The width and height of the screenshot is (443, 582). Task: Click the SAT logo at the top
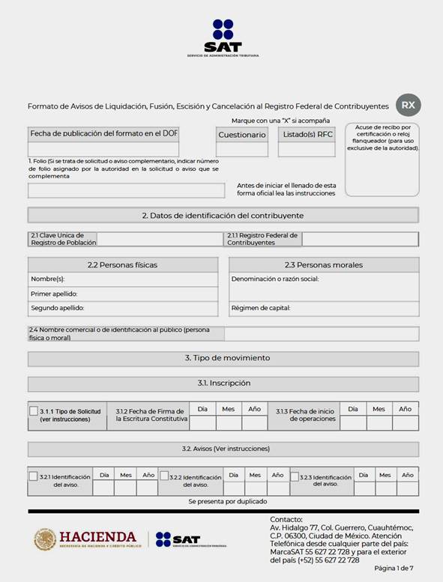(223, 37)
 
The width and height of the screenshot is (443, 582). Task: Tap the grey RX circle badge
(408, 106)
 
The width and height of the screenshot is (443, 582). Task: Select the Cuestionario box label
(241, 135)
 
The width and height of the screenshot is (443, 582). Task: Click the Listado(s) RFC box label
(306, 135)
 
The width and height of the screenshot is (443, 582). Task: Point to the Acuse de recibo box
(382, 159)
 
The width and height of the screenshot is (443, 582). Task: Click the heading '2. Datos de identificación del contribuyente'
(223, 216)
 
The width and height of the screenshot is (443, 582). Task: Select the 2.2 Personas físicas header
(123, 265)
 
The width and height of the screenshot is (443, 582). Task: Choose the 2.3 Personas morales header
(323, 265)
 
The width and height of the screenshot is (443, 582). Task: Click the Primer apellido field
(123, 294)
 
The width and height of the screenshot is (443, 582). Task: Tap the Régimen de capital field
(323, 308)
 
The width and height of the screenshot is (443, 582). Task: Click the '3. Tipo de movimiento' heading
(223, 358)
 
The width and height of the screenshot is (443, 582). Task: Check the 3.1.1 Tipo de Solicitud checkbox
(34, 411)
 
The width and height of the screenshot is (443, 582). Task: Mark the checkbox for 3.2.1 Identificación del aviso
(34, 476)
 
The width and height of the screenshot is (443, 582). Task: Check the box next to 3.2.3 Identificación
(293, 476)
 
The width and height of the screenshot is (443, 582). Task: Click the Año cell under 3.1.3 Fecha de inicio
(405, 423)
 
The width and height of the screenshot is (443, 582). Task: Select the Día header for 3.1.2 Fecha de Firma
(202, 409)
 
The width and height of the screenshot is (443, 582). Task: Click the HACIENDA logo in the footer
(85, 539)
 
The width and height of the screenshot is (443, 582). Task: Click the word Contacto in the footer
(286, 519)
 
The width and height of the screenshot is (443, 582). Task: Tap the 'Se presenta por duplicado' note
(223, 501)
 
